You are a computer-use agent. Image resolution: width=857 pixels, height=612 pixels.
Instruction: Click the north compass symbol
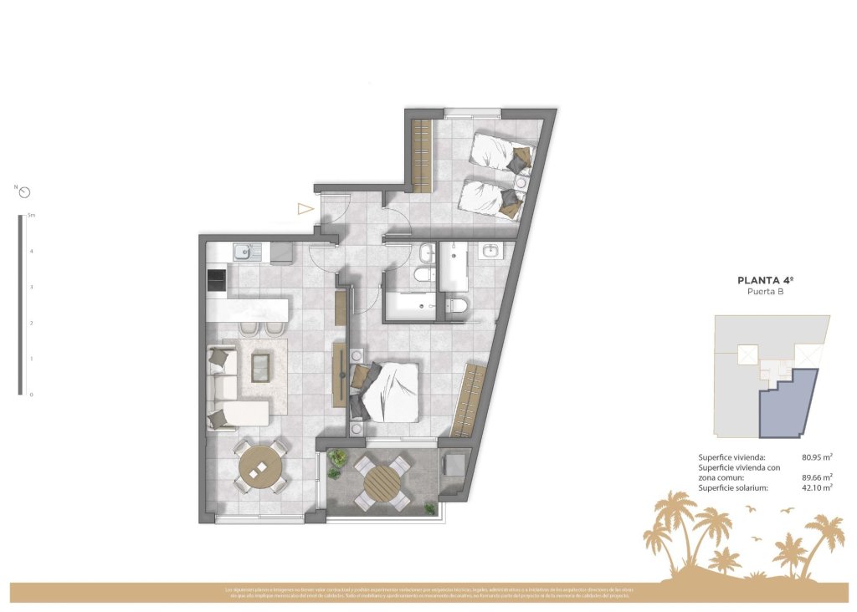25,192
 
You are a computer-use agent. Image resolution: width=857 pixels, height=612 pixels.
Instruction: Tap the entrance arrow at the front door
305,210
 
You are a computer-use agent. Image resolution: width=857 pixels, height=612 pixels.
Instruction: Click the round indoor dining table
262,467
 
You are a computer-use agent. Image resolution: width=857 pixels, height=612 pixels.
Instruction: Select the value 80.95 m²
816,457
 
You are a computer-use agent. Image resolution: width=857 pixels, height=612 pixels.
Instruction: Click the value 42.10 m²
816,487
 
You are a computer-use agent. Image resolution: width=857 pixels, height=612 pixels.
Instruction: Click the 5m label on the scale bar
32,216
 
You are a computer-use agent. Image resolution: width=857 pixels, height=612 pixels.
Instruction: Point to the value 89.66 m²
816,477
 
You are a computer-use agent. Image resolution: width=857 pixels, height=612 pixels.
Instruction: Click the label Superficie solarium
733,487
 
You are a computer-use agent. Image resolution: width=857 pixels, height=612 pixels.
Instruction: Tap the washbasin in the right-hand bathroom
490,249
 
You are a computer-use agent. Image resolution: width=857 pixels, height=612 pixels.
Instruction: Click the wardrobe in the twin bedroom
422,155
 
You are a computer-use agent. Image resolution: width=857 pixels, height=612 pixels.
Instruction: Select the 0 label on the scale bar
31,395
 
